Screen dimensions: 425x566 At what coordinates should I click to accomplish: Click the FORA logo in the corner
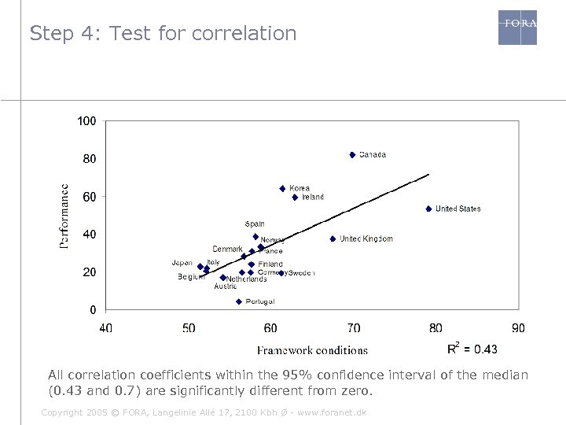517,27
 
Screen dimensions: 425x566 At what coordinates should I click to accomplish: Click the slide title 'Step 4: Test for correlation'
163,34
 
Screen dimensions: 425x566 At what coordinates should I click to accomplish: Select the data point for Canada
352,155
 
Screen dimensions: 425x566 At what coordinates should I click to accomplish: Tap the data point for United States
428,209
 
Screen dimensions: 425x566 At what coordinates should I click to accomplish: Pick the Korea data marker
282,189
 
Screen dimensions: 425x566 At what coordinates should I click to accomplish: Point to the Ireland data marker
295,198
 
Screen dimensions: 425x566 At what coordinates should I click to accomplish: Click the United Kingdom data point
333,238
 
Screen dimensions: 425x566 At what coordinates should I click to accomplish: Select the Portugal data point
239,301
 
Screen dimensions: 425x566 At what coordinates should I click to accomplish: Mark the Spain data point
255,236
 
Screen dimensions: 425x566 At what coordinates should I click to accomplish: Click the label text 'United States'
458,209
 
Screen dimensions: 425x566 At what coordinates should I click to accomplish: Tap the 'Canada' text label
373,155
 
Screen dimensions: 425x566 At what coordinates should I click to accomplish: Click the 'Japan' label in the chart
182,262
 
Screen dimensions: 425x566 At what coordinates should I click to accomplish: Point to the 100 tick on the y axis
86,121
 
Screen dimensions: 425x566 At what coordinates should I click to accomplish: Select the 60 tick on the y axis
90,196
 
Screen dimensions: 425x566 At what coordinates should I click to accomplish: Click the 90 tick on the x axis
518,327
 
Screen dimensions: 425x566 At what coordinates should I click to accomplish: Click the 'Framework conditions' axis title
312,350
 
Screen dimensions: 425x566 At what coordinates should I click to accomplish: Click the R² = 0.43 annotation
472,348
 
